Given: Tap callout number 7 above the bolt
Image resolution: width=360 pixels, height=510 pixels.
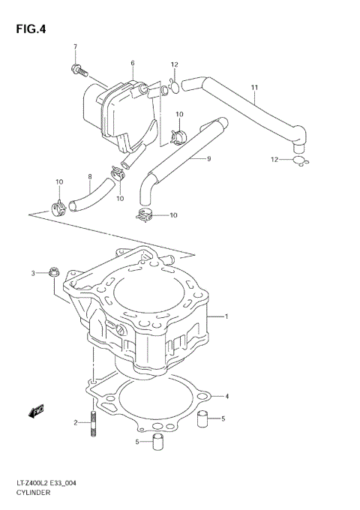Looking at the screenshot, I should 75,47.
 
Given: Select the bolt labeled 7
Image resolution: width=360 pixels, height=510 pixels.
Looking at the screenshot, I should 77,71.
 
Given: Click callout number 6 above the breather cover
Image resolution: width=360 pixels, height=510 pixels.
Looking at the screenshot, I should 132,63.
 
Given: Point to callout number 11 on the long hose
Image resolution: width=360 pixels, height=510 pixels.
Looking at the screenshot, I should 253,88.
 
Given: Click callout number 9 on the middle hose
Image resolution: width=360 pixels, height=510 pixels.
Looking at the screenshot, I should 208,159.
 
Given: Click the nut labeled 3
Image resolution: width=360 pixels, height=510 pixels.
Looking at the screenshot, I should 52,271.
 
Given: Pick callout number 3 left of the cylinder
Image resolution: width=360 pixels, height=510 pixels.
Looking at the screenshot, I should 33,272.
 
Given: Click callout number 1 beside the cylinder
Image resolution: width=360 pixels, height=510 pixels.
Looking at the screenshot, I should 226,317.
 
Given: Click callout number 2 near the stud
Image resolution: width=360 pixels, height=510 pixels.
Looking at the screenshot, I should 76,423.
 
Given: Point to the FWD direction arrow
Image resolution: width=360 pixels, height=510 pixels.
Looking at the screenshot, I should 34,409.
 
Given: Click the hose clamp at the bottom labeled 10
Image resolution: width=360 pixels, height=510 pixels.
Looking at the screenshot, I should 147,217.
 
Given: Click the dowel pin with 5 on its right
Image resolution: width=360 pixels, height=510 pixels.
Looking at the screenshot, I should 201,418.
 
